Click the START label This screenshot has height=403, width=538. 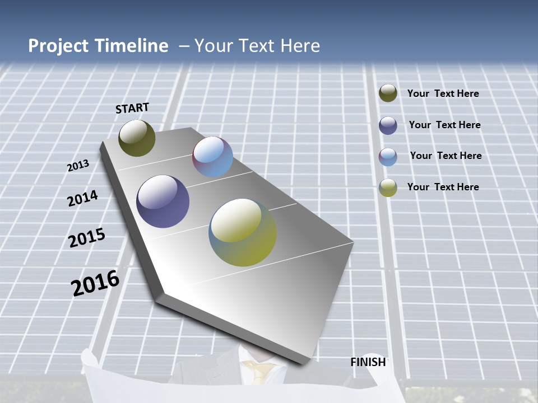[132, 108]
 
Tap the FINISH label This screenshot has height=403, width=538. [368, 362]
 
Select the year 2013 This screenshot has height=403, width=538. [78, 166]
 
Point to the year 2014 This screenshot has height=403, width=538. [82, 199]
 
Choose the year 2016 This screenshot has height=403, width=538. [95, 283]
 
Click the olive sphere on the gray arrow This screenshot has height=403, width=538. [137, 138]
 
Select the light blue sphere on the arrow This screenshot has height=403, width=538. [212, 157]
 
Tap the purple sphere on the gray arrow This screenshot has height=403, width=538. [163, 201]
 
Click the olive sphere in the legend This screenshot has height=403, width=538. [388, 93]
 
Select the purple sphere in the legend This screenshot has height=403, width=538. [388, 125]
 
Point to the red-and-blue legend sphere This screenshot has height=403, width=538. [388, 157]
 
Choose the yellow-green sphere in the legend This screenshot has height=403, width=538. [388, 188]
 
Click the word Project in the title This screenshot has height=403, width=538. [59, 46]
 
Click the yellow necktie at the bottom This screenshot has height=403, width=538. [261, 371]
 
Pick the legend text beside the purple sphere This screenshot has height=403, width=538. [444, 125]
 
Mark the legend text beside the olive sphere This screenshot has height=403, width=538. [443, 93]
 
